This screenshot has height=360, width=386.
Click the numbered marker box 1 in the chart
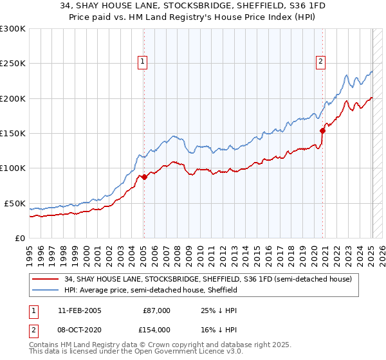point(142,62)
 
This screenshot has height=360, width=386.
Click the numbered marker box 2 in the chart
point(320,62)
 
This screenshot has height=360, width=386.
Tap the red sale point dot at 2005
point(144,177)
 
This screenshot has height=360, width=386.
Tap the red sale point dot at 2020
point(323,130)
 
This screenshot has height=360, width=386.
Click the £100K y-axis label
point(13,168)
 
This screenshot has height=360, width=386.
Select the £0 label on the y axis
point(20,238)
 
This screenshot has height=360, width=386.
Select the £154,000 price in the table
point(157,329)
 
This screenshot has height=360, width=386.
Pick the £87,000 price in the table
point(157,310)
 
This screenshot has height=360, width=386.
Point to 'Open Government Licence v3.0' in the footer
point(185,352)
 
